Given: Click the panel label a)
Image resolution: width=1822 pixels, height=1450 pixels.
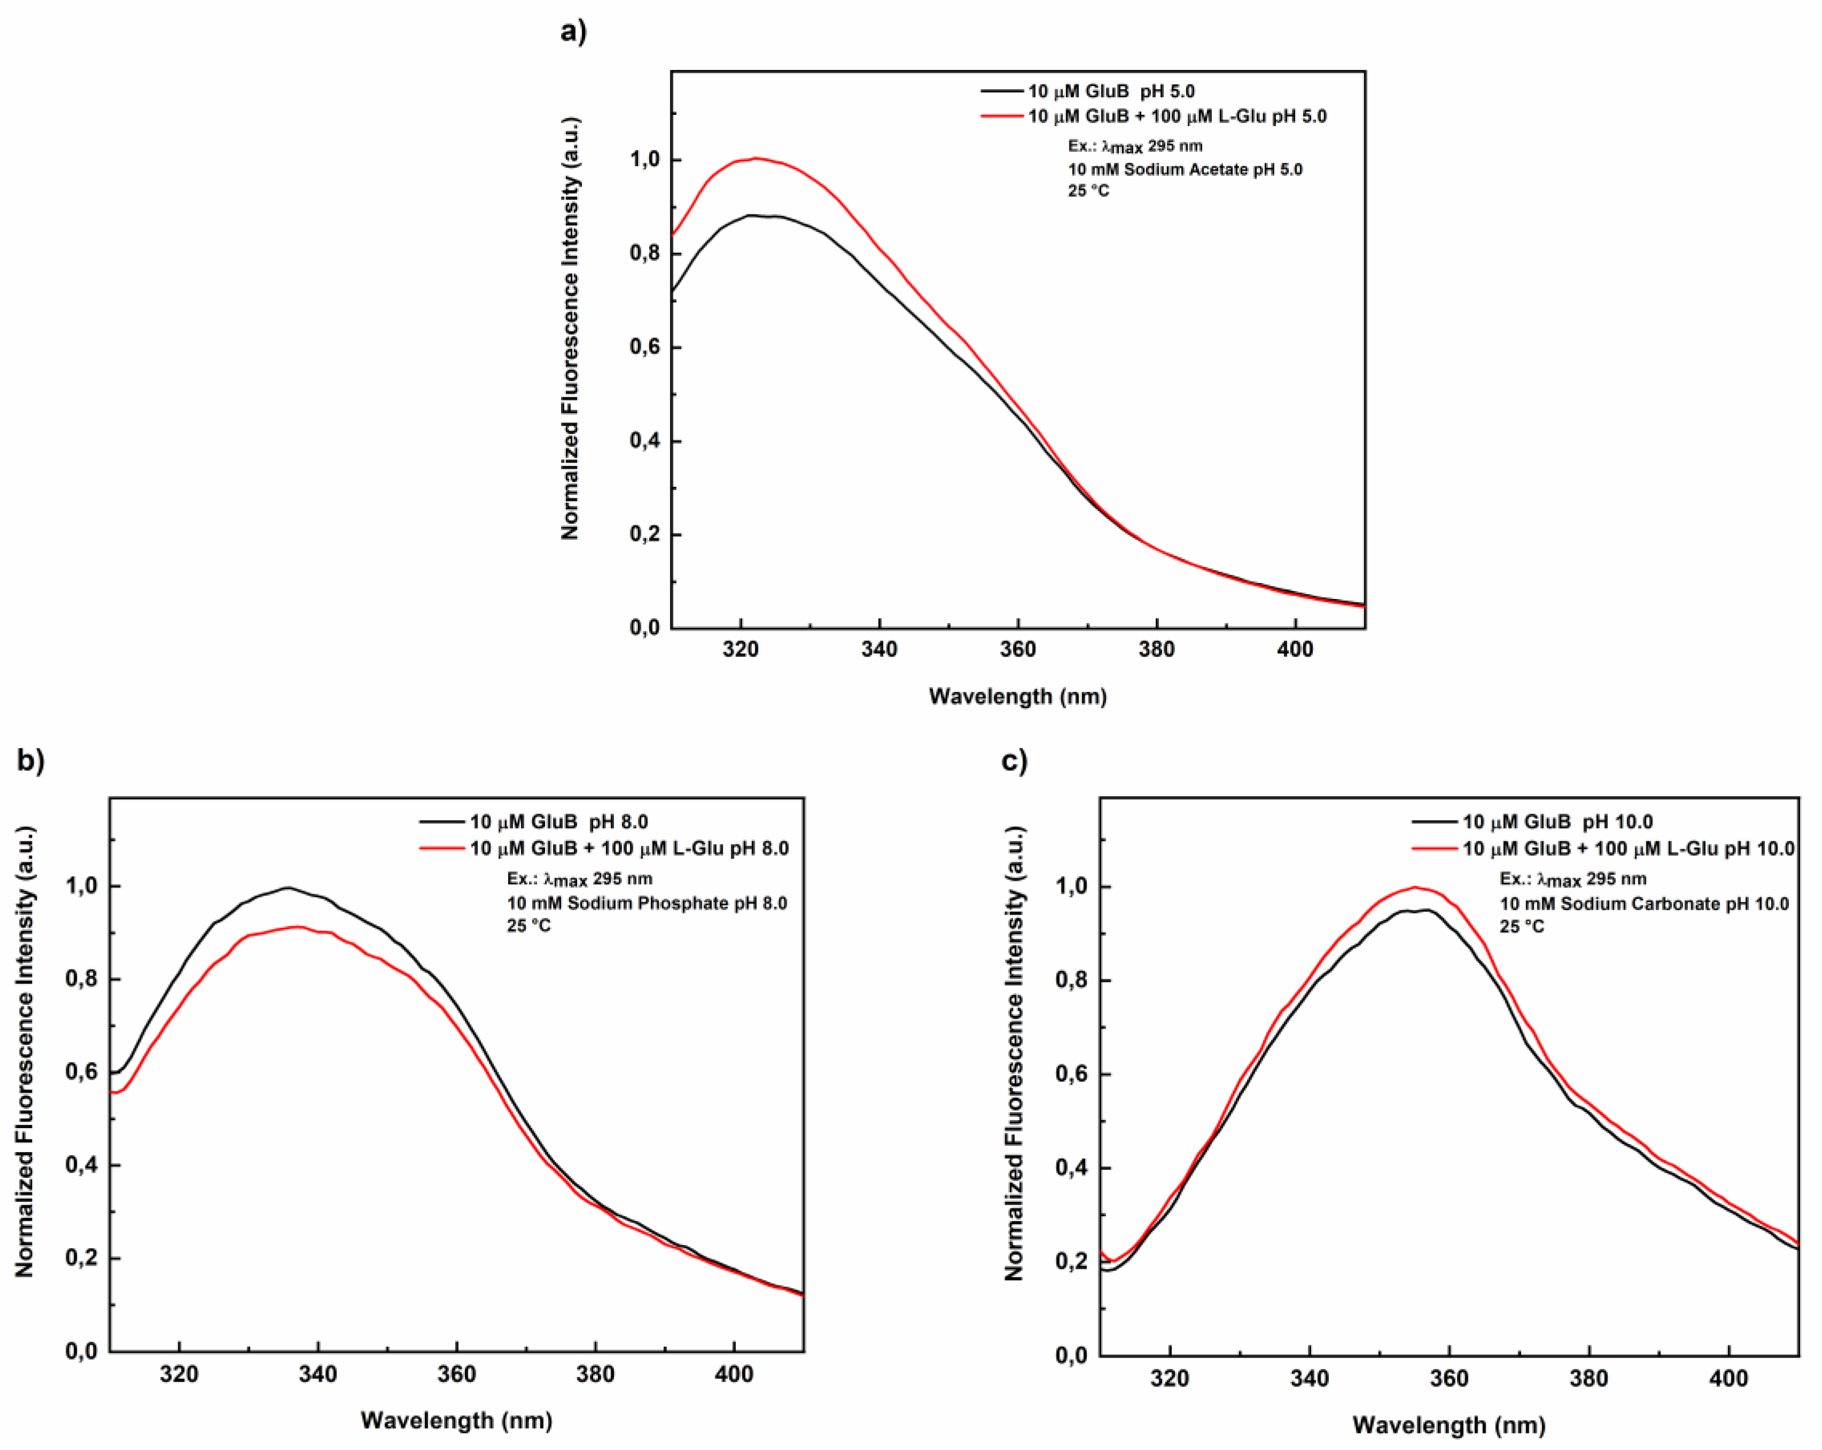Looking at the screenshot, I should tap(573, 31).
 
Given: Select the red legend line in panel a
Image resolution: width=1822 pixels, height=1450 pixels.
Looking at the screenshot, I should tap(1002, 116).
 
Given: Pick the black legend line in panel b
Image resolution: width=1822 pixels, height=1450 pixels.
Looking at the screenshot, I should tap(442, 821).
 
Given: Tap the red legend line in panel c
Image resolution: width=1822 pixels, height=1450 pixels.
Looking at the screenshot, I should tap(1435, 847).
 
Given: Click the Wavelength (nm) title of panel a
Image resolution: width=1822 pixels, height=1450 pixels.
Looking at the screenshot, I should tap(1018, 696).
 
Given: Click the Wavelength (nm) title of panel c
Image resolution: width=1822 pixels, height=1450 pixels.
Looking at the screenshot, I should tap(1448, 1425).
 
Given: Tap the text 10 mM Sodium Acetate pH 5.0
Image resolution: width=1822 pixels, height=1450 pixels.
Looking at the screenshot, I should tap(1185, 169).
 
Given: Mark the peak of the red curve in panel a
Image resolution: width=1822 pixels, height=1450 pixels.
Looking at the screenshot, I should tap(755, 158).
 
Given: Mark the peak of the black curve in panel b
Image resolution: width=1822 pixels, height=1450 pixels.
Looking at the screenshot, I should tap(287, 887).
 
